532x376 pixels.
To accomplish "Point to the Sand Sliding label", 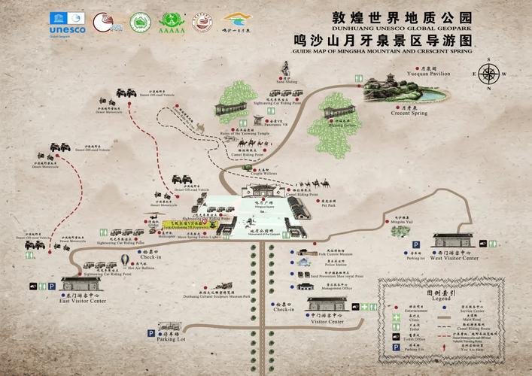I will tap(287, 82).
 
